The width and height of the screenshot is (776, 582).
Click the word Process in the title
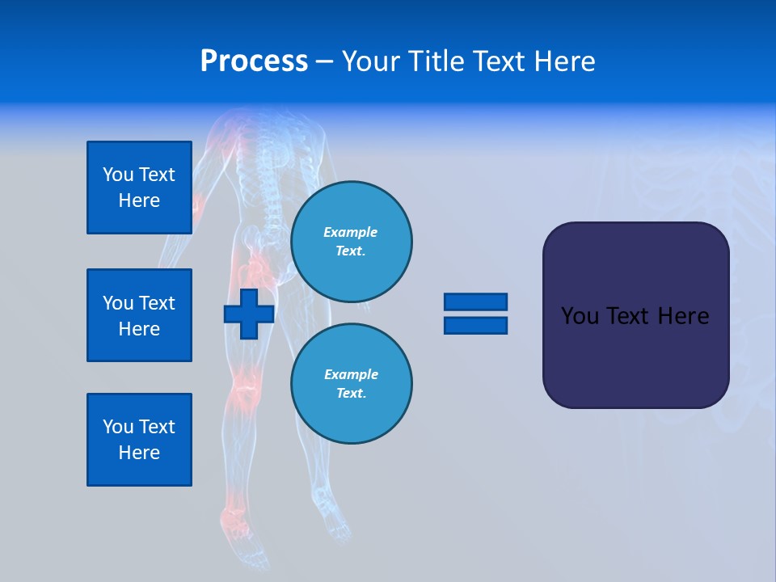click(254, 61)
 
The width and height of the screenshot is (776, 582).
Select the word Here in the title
click(563, 61)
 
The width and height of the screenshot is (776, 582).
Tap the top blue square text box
click(139, 188)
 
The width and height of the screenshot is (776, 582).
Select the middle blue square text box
click(139, 315)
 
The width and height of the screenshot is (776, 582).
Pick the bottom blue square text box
click(139, 440)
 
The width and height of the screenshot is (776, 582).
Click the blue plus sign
click(249, 314)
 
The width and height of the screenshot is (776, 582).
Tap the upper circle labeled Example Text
click(351, 241)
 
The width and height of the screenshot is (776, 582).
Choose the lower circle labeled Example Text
click(351, 383)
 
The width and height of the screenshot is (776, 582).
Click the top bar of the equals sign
click(475, 302)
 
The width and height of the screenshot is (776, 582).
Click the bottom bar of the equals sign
click(475, 325)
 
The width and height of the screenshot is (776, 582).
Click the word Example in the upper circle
click(350, 232)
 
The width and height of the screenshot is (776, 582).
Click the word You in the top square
click(117, 175)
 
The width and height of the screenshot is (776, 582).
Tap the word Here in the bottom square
click(139, 453)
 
